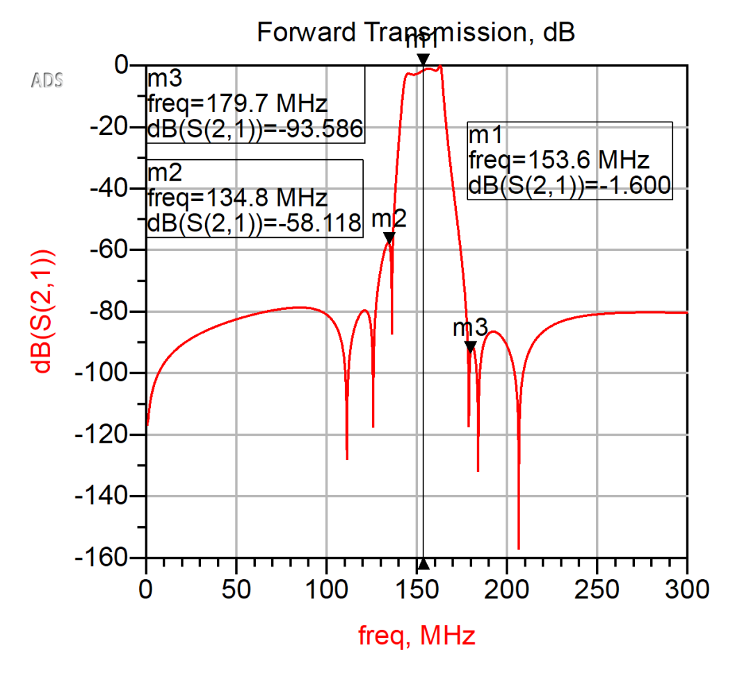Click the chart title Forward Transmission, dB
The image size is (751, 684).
(x=416, y=32)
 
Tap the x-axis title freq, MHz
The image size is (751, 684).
(x=417, y=635)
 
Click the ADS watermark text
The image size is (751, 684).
(x=47, y=80)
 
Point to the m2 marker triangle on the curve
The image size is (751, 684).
(x=389, y=238)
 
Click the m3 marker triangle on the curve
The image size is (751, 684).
(x=470, y=346)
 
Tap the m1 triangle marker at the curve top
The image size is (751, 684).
(x=423, y=59)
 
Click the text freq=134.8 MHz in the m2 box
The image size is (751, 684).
(x=237, y=198)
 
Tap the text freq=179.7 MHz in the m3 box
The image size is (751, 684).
(x=237, y=105)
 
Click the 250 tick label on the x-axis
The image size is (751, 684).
(x=597, y=589)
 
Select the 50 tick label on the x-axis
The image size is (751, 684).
(x=236, y=589)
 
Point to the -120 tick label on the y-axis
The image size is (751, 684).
(x=111, y=434)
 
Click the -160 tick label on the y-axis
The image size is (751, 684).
(x=111, y=557)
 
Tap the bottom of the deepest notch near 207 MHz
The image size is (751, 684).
(x=519, y=548)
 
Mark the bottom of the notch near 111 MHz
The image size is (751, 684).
(x=347, y=459)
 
